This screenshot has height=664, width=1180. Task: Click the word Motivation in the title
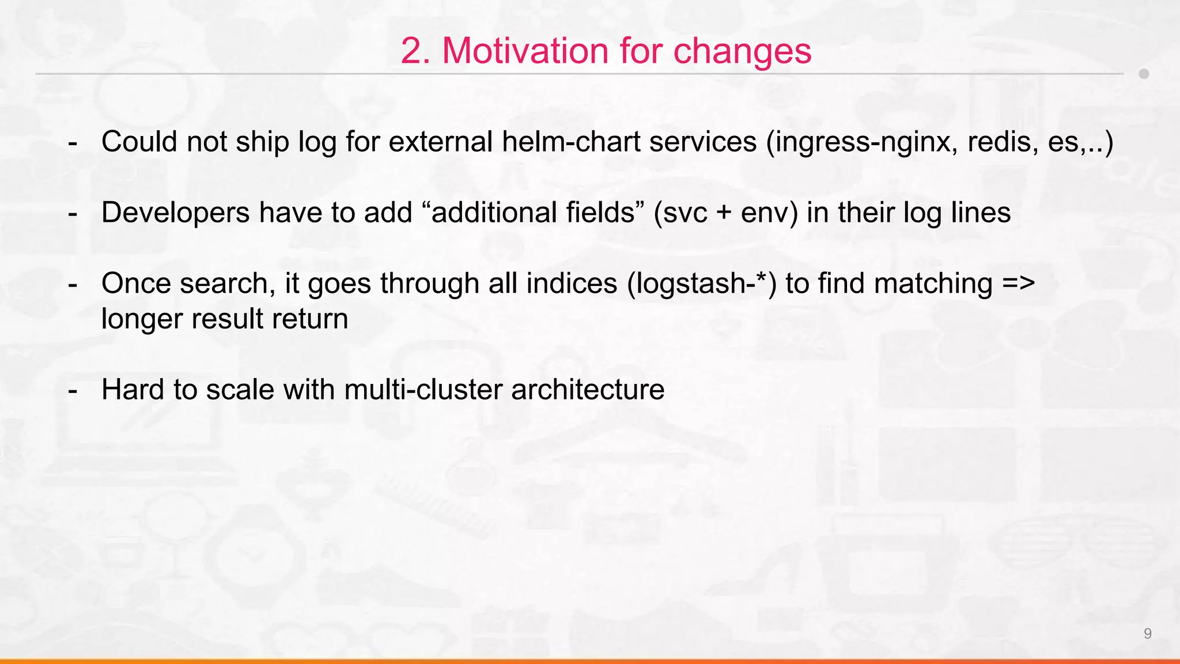[525, 51]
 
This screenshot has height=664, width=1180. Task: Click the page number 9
[1147, 633]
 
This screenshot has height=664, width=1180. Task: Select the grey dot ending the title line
[1144, 74]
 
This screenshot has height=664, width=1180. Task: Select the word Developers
[175, 213]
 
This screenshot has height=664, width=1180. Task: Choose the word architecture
[588, 390]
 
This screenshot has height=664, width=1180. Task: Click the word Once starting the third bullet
[136, 284]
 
